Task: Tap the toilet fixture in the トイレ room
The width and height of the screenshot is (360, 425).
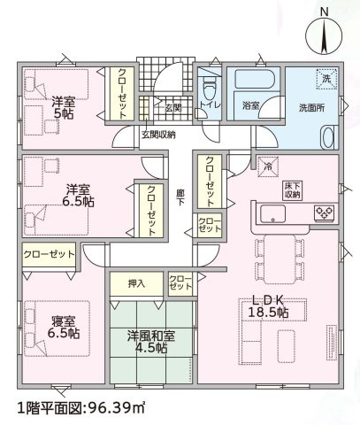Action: [210, 88]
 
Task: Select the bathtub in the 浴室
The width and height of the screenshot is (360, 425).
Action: [255, 78]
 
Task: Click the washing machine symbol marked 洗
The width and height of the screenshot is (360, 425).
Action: [326, 79]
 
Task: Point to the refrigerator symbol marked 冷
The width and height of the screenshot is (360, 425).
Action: [268, 166]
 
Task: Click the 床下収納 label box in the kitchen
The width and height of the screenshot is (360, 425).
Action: [292, 190]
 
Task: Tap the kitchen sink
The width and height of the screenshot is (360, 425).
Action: [272, 214]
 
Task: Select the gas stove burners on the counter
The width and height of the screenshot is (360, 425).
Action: [324, 212]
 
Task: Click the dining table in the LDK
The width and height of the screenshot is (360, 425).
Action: [280, 259]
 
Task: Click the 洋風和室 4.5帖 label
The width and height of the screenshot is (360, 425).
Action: [151, 342]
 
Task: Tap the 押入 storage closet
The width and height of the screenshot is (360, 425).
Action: [136, 284]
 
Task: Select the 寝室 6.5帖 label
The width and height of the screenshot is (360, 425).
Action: [64, 327]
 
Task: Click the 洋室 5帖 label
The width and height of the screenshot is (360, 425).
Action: [64, 108]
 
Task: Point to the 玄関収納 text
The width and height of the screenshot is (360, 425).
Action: [158, 135]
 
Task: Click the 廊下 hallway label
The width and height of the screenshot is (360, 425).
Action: [180, 197]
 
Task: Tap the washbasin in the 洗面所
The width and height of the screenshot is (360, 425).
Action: [328, 136]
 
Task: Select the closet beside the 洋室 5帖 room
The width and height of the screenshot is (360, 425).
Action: [122, 94]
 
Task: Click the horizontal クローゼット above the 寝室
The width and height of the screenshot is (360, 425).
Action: [49, 255]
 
